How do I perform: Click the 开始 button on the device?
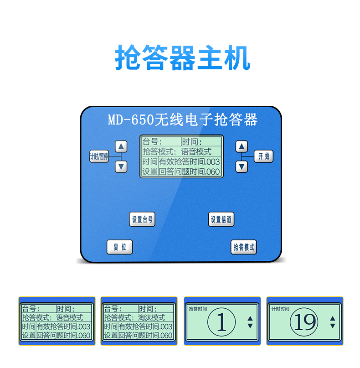(x=263, y=156)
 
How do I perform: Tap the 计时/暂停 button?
(x=99, y=156)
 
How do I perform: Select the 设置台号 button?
(x=142, y=219)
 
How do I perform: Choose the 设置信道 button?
(x=221, y=219)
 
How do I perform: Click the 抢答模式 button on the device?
(x=244, y=247)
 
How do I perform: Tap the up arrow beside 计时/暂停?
(x=121, y=146)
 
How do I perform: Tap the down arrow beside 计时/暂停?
(x=121, y=167)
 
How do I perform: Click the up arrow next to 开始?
(x=242, y=146)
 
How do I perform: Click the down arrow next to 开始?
(x=242, y=167)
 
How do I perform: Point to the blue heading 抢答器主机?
(x=182, y=57)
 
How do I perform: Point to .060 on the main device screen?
(x=212, y=172)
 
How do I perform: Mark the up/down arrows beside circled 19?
(x=332, y=322)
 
